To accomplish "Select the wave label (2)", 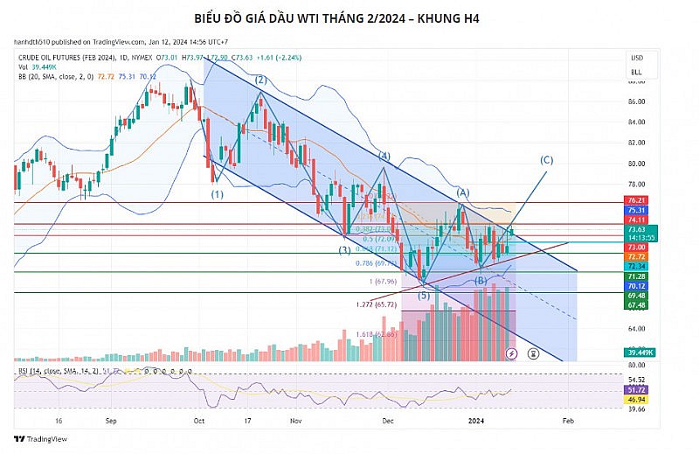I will (x=260, y=80).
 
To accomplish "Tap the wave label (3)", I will (x=345, y=250).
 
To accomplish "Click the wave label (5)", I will (x=424, y=296).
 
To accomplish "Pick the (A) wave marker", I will (x=463, y=192).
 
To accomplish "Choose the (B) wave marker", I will (x=480, y=280).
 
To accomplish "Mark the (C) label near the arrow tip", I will (x=547, y=160).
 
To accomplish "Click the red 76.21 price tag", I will (x=637, y=200).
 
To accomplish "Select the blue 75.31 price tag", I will (x=637, y=210).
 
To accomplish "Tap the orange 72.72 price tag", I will (x=637, y=255).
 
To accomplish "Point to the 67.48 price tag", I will (x=637, y=305).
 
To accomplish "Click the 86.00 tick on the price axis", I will (x=637, y=101).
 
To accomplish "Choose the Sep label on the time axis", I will (x=111, y=420).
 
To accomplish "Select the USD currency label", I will (x=636, y=57).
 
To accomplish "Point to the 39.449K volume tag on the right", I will (x=637, y=352).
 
